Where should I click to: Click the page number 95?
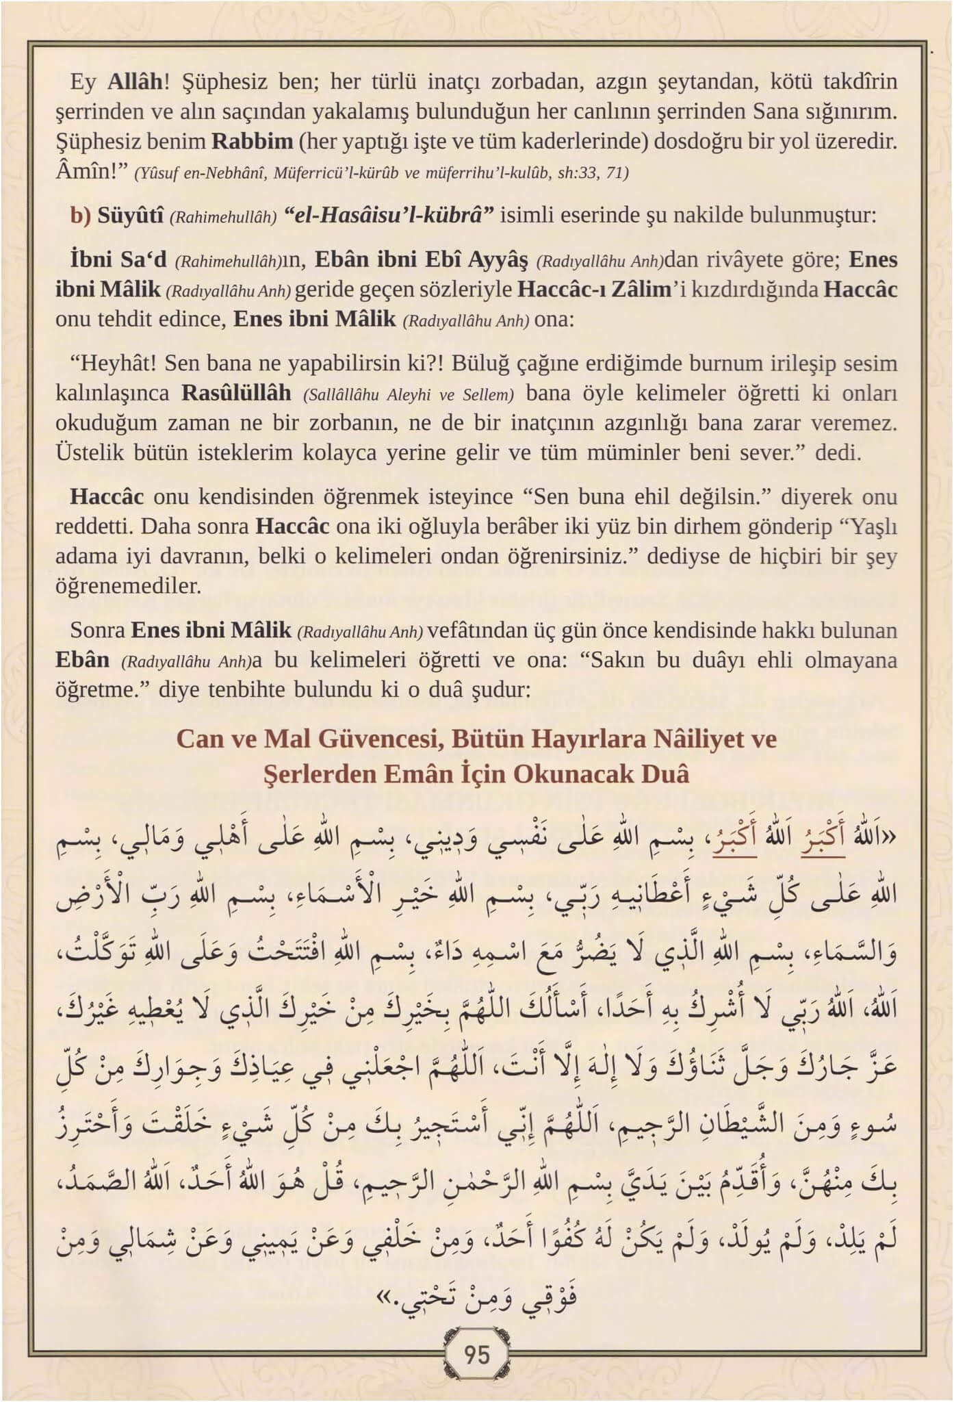click(476, 1354)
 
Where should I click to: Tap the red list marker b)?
click(81, 215)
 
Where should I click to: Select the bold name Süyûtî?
click(130, 215)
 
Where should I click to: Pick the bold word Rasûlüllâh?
click(236, 394)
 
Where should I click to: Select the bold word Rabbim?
click(252, 142)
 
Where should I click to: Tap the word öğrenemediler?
click(128, 586)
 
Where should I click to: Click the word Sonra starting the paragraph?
click(97, 630)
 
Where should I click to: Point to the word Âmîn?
click(87, 171)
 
